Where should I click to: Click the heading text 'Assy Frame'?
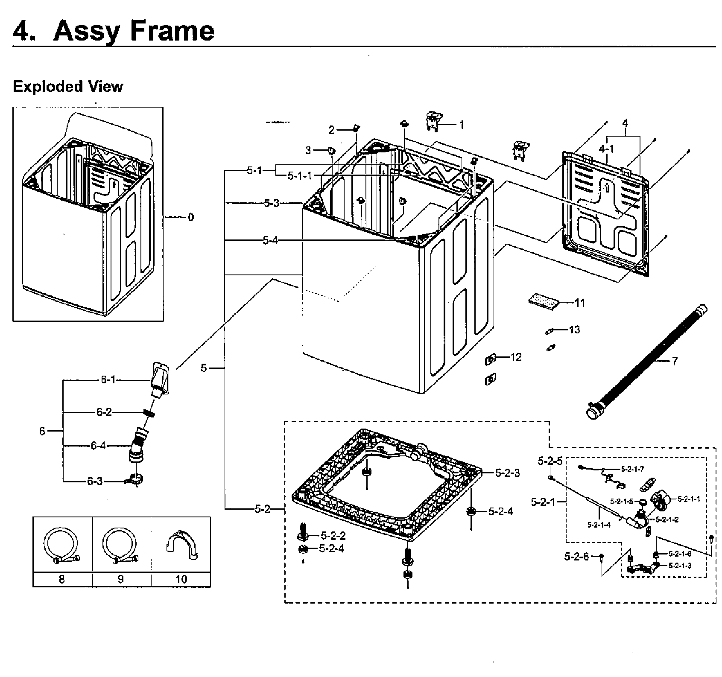pyautogui.click(x=133, y=31)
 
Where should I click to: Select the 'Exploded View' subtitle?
pyautogui.click(x=68, y=87)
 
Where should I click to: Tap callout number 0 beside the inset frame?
pyautogui.click(x=190, y=217)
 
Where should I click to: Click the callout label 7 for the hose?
pyautogui.click(x=674, y=362)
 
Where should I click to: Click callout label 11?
pyautogui.click(x=579, y=303)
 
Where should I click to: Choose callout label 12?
pyautogui.click(x=516, y=357)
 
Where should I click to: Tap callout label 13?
pyautogui.click(x=575, y=330)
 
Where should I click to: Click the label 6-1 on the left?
pyautogui.click(x=108, y=379)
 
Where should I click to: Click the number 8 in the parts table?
pyautogui.click(x=62, y=579)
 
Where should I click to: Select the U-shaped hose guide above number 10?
pyautogui.click(x=181, y=546)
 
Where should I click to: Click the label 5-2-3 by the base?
pyautogui.click(x=507, y=473)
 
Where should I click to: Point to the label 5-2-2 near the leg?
pyautogui.click(x=333, y=536)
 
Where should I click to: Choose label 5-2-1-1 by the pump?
pyautogui.click(x=689, y=499)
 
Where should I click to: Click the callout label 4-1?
pyautogui.click(x=606, y=149)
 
